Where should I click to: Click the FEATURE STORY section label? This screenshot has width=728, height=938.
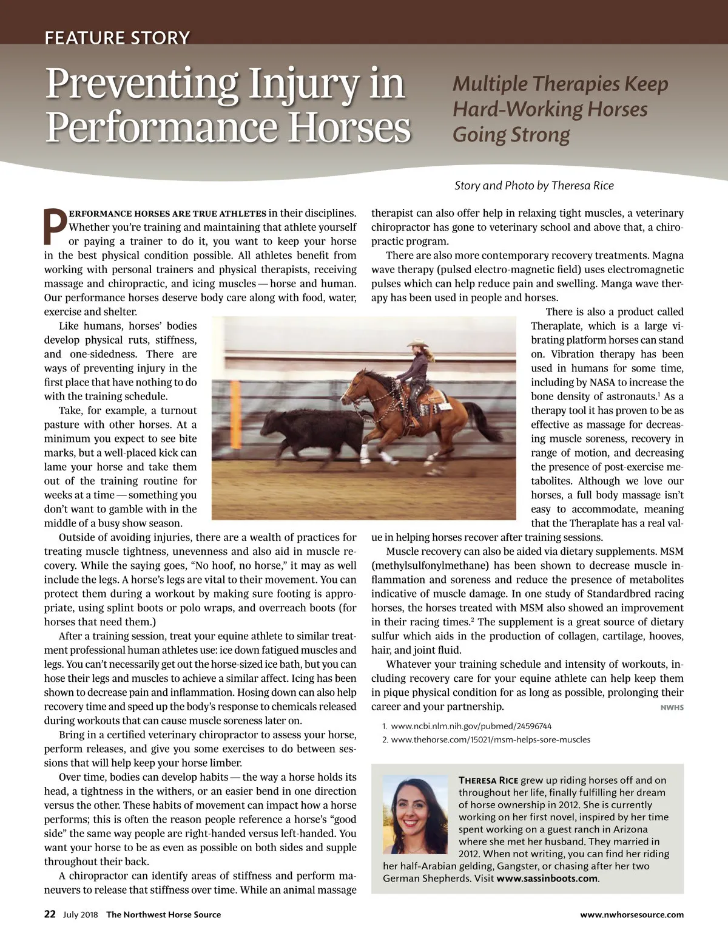pyautogui.click(x=117, y=38)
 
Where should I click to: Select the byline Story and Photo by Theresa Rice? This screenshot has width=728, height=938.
pyautogui.click(x=534, y=185)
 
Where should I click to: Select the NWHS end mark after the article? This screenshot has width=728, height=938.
pyautogui.click(x=672, y=707)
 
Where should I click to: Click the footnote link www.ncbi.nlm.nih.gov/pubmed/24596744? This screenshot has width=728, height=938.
pyautogui.click(x=471, y=726)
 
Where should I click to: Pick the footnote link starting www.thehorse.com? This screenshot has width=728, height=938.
pyautogui.click(x=490, y=739)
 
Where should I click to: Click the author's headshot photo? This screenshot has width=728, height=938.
pyautogui.click(x=415, y=814)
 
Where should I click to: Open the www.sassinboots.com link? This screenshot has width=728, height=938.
pyautogui.click(x=547, y=879)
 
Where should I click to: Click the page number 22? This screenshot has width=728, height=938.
pyautogui.click(x=50, y=914)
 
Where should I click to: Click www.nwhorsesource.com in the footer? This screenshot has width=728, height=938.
pyautogui.click(x=632, y=915)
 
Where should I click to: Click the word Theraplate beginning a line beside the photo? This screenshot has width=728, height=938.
pyautogui.click(x=554, y=326)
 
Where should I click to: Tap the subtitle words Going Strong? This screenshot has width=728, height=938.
pyautogui.click(x=511, y=135)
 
